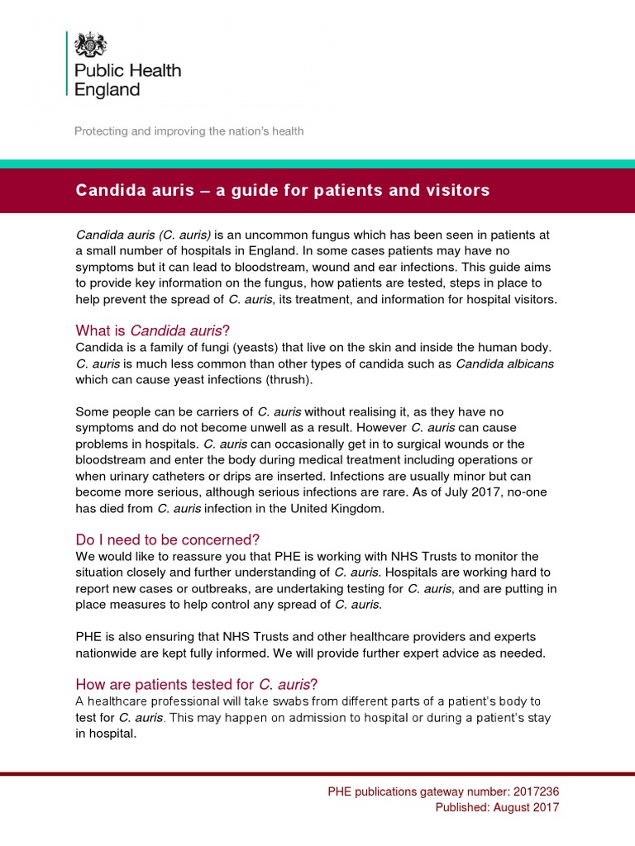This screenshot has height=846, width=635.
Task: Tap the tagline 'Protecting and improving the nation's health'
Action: pyautogui.click(x=189, y=131)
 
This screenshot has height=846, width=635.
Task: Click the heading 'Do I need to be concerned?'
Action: pyautogui.click(x=168, y=539)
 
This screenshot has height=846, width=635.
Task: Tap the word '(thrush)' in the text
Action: pyautogui.click(x=285, y=379)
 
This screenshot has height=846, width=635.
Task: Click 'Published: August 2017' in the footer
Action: pyautogui.click(x=497, y=807)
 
